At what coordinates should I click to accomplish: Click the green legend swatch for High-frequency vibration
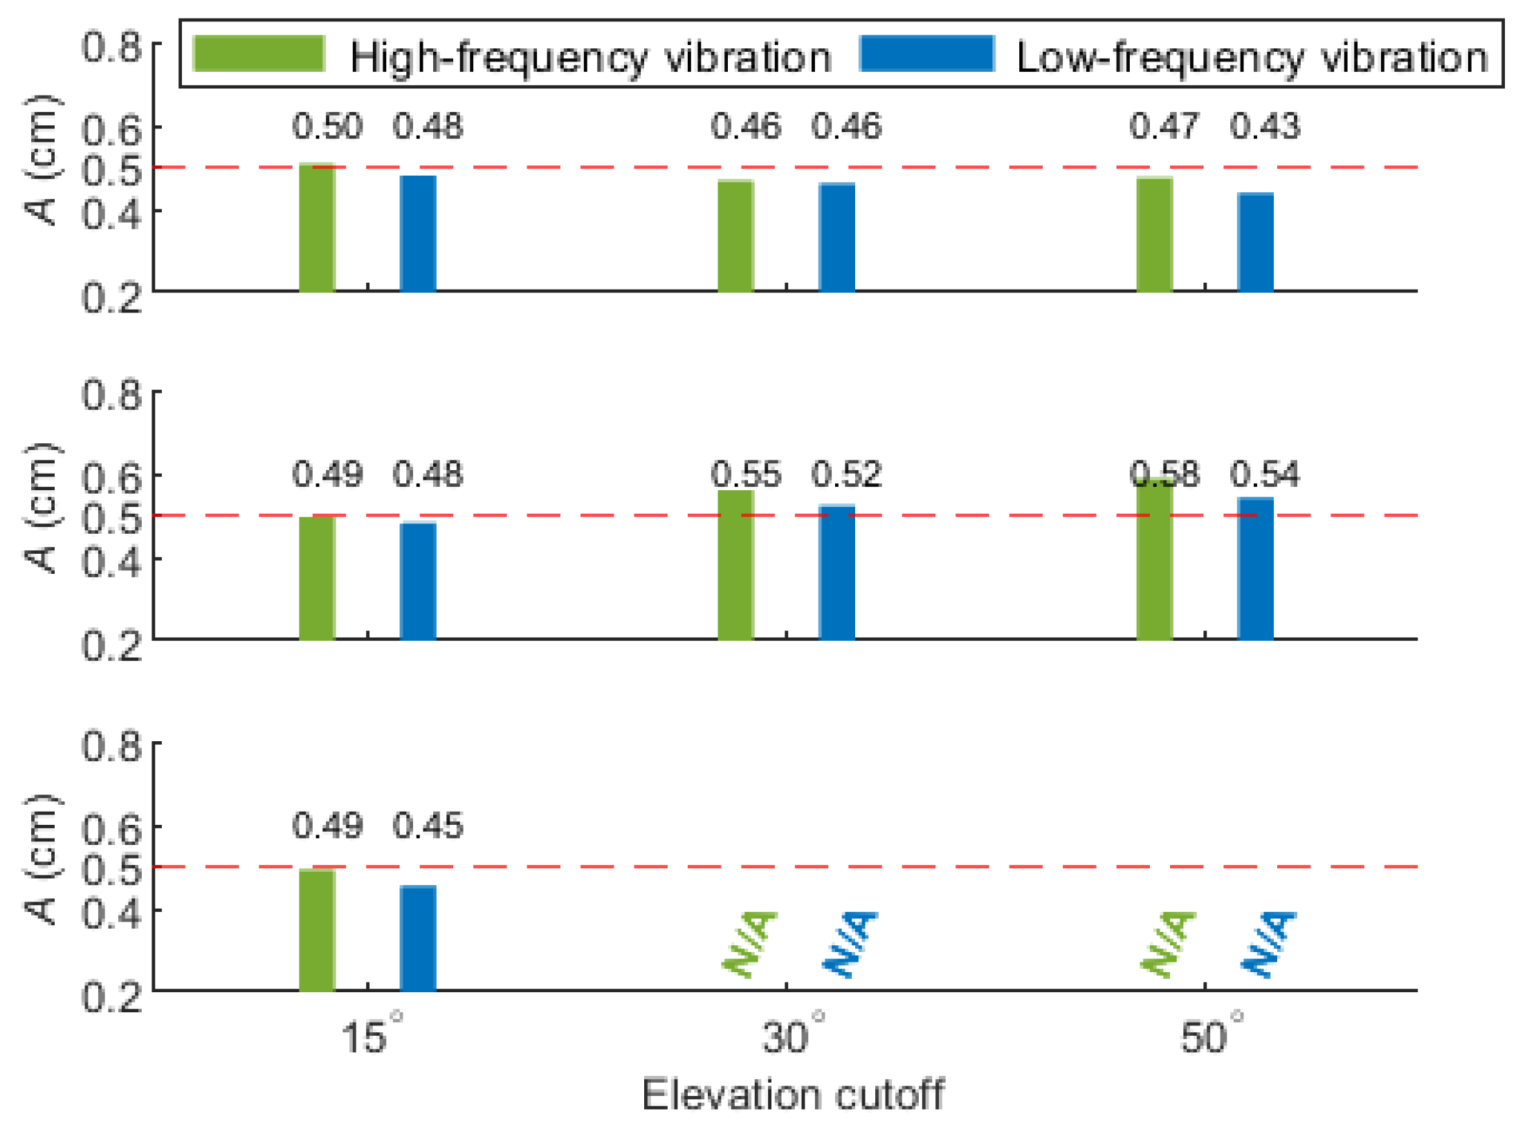[x=259, y=54]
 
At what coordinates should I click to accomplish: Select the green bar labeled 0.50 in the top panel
[x=317, y=228]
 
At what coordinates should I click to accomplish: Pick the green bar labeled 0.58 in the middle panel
[x=1153, y=560]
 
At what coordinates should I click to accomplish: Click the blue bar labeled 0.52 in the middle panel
[x=836, y=572]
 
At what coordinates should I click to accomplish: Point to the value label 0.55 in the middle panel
[x=745, y=474]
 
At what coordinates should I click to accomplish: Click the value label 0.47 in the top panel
[x=1164, y=127]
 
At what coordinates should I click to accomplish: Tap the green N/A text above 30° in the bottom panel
[x=749, y=944]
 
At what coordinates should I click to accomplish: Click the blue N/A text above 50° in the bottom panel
[x=1268, y=944]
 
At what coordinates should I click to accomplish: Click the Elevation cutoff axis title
[x=792, y=1095]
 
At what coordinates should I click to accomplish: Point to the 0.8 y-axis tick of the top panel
[x=111, y=48]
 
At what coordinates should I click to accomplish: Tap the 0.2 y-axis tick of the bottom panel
[x=111, y=997]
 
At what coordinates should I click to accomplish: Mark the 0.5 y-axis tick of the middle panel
[x=111, y=516]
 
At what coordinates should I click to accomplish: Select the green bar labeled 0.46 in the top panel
[x=735, y=235]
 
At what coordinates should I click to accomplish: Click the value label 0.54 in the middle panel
[x=1264, y=474]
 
